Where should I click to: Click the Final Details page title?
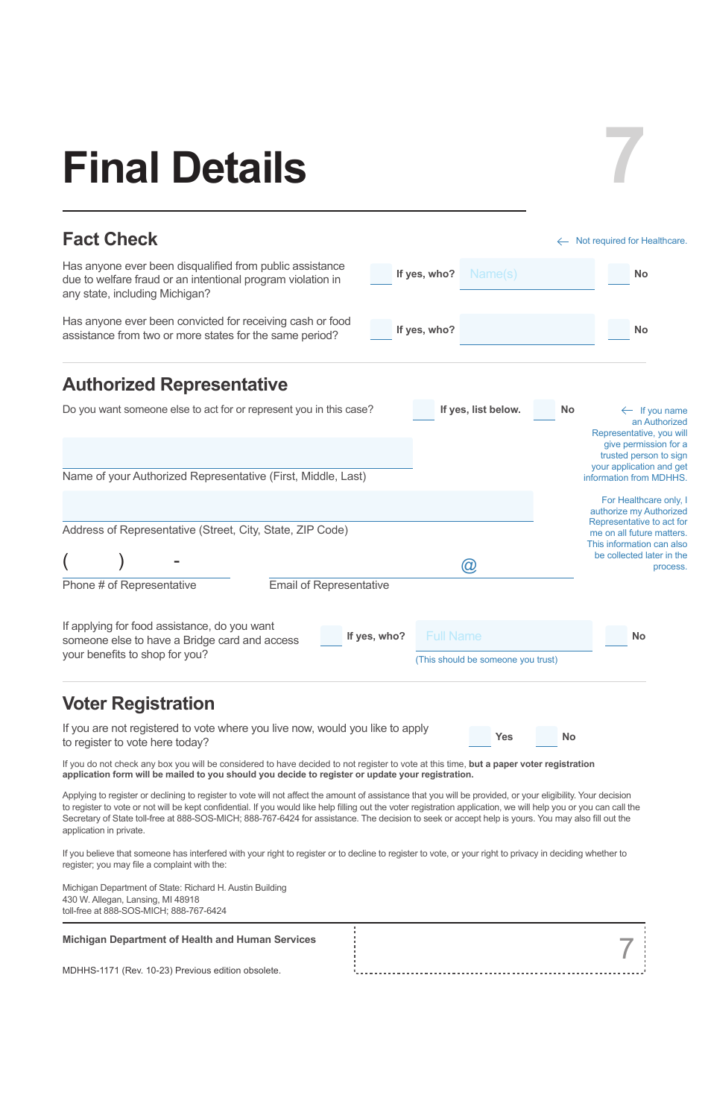point(184,168)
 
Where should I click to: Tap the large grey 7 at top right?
point(625,156)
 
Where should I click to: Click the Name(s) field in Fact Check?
point(527,274)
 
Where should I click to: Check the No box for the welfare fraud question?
point(619,274)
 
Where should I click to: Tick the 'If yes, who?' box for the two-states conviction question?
point(381,329)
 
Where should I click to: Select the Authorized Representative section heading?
point(175,385)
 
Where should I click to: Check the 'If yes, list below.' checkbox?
point(423,409)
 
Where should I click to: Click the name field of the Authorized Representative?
point(237,452)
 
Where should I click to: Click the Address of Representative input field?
point(297,506)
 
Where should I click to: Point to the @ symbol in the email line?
point(469,566)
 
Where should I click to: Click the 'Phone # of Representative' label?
point(130,585)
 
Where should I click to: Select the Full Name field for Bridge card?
point(504,636)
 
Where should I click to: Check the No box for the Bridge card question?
point(616,636)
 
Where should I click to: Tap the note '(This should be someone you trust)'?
point(487,660)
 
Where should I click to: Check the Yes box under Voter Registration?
point(480,736)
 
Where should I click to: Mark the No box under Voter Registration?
point(546,736)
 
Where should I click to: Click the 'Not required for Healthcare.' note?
point(630,241)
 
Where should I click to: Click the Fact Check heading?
point(110,239)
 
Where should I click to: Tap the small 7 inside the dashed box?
point(626,949)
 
